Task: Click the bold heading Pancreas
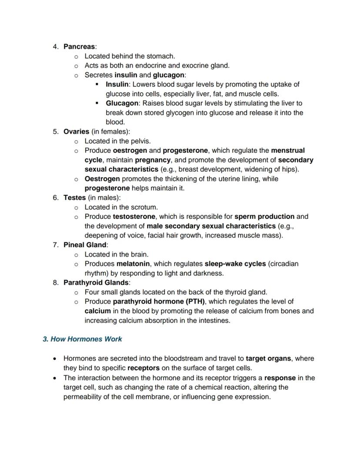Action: [80, 47]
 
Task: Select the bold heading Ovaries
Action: [76, 131]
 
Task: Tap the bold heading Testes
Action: [74, 198]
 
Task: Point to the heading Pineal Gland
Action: [85, 245]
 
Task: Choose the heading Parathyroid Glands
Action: [97, 282]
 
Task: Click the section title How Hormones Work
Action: [82, 339]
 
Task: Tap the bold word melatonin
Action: [133, 264]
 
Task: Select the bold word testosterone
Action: [135, 216]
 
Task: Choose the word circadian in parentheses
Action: [283, 264]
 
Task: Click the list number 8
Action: [56, 282]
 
